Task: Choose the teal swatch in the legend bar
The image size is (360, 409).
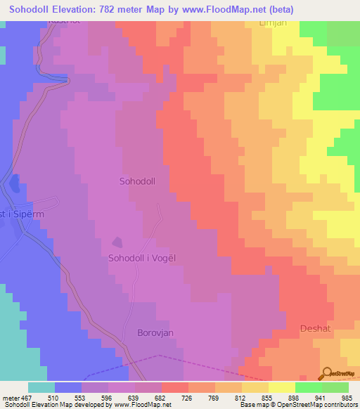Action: coord(41,387)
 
